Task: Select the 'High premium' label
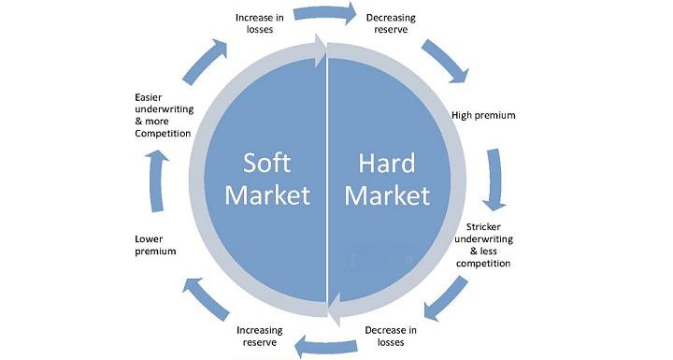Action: point(483,115)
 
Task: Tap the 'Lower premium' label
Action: point(155,245)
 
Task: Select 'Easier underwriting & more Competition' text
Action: point(163,115)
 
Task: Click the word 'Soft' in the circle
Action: point(267,163)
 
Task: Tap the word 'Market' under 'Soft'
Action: point(267,196)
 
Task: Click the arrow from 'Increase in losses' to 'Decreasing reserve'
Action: point(324,14)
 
